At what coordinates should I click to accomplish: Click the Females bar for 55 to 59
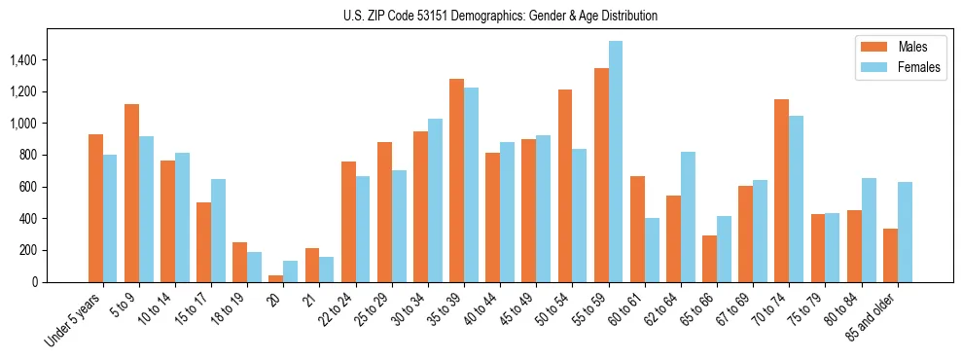[x=616, y=162]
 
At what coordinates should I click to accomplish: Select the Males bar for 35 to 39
[x=456, y=180]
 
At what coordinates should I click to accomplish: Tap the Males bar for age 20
[x=276, y=278]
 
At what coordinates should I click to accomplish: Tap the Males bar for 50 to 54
[x=565, y=186]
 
